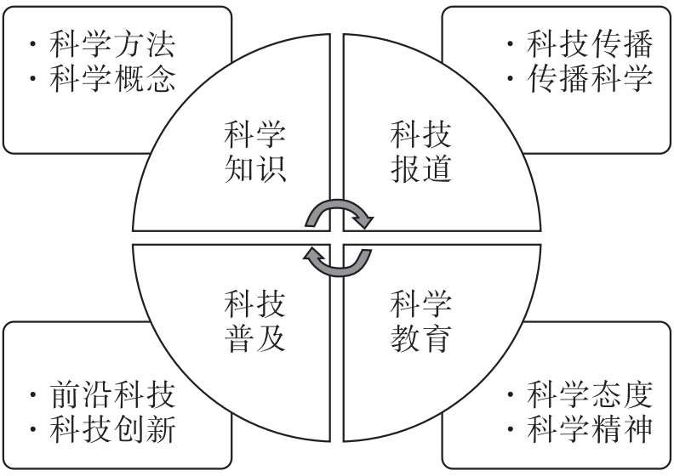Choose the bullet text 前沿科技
coord(112,395)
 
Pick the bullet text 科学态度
coord(589,395)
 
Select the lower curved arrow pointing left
coord(338,261)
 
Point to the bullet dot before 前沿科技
coord(32,395)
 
